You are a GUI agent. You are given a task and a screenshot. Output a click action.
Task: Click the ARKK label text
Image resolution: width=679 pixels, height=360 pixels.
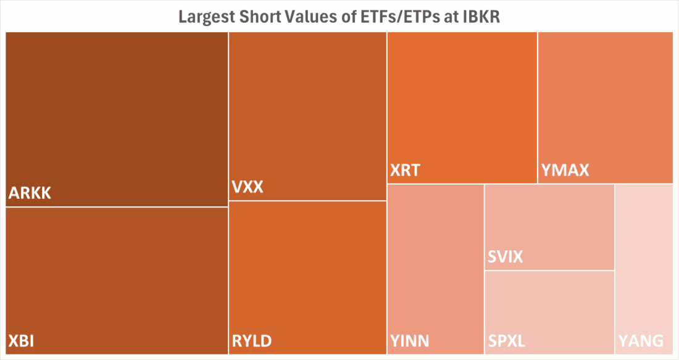click(x=30, y=194)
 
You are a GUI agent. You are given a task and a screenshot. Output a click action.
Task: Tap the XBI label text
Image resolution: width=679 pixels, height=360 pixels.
click(x=22, y=340)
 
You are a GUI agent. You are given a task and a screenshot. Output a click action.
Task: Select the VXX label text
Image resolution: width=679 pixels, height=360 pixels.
click(x=248, y=187)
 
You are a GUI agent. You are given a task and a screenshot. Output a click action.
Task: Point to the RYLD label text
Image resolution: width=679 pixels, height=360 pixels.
click(x=252, y=340)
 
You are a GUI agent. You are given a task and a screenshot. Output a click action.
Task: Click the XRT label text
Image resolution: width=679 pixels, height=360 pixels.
click(x=405, y=170)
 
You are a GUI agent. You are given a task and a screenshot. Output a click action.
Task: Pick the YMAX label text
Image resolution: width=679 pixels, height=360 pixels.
click(x=565, y=170)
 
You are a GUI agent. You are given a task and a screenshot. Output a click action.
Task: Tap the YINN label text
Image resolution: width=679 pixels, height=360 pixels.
click(x=410, y=340)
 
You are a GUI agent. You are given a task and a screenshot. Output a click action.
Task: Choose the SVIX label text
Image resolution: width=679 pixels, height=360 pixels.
click(x=505, y=256)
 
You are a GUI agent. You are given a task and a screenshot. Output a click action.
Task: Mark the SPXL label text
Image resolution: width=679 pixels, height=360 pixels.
click(x=507, y=340)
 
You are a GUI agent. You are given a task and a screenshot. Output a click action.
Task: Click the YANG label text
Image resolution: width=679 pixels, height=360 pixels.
click(x=641, y=340)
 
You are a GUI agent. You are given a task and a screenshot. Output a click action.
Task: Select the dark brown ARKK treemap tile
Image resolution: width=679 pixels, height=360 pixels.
click(x=117, y=111)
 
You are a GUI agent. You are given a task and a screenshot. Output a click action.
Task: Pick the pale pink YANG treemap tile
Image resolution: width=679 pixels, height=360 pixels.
click(x=644, y=259)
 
